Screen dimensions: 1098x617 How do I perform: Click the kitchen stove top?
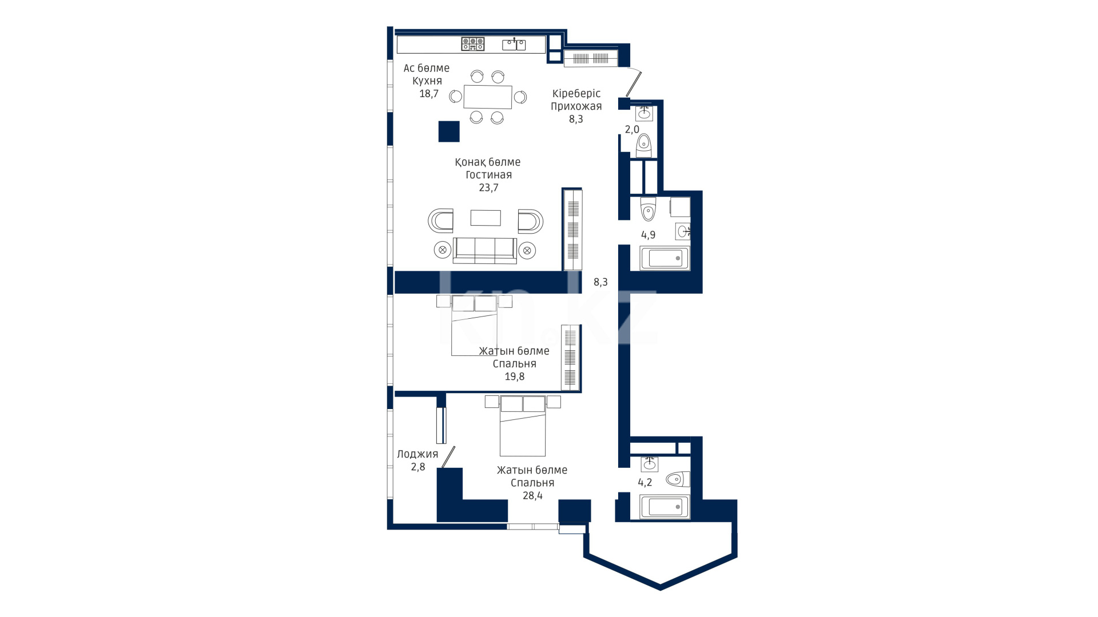tap(473, 44)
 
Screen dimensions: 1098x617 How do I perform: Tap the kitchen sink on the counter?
tap(514, 44)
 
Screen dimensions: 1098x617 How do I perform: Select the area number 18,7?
tap(428, 94)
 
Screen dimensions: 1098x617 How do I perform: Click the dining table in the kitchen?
tap(488, 97)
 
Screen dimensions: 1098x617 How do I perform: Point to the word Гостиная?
tap(488, 175)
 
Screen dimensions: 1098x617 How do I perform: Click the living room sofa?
tap(485, 250)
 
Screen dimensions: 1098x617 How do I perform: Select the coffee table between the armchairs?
tap(486, 218)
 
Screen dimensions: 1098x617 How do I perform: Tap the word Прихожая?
tap(576, 106)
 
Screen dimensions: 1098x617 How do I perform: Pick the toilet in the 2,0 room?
tap(644, 146)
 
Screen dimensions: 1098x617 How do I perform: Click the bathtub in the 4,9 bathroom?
tap(665, 258)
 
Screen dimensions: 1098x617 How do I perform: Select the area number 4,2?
tap(645, 482)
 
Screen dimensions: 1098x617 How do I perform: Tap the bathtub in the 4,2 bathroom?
tap(665, 506)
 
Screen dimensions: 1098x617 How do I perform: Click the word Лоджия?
tap(417, 454)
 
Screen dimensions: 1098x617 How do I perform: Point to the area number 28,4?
tap(532, 495)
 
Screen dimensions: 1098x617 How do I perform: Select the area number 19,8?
tap(515, 376)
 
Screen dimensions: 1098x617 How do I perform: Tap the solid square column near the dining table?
tap(449, 131)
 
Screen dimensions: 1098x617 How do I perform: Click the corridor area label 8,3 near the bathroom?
tap(600, 282)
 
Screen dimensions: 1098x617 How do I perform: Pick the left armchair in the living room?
tap(440, 221)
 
